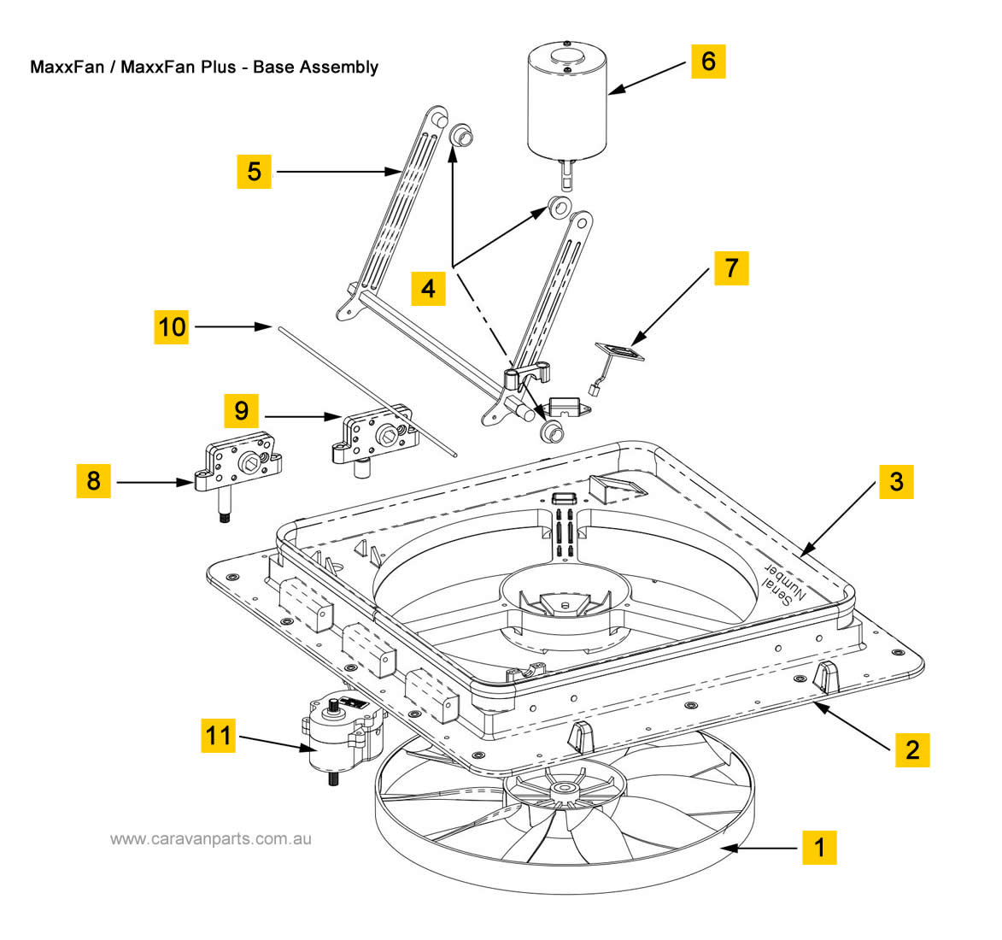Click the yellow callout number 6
click(708, 62)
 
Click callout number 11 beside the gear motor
click(219, 734)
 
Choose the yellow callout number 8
click(93, 481)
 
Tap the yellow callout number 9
click(242, 411)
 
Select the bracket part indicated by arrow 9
click(376, 436)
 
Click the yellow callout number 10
click(172, 326)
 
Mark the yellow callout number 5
click(254, 171)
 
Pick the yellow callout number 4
click(428, 288)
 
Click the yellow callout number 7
click(730, 267)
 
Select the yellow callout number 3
click(895, 481)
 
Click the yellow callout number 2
click(911, 749)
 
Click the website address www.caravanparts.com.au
click(210, 838)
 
